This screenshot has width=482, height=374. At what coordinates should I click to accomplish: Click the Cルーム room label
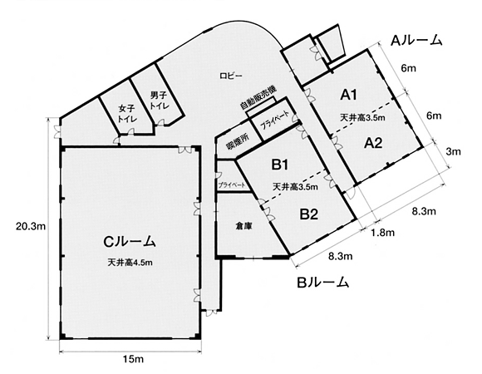[130, 242]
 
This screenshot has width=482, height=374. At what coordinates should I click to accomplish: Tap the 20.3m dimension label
[31, 227]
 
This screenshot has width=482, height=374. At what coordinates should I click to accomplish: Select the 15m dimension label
[133, 359]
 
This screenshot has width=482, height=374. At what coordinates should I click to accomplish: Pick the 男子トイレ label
[160, 101]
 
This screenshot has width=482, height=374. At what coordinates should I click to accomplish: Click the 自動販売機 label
[258, 98]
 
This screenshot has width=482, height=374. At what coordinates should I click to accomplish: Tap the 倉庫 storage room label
[243, 226]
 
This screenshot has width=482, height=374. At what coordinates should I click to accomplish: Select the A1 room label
[348, 95]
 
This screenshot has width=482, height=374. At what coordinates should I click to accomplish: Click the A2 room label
[373, 143]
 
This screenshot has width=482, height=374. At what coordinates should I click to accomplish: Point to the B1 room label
[279, 165]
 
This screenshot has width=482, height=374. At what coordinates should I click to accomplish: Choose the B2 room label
[308, 214]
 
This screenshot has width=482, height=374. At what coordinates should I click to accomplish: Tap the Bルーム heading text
[322, 282]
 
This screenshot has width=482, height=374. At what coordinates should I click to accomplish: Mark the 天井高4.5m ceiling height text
[130, 263]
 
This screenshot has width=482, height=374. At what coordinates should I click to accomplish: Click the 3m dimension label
[453, 151]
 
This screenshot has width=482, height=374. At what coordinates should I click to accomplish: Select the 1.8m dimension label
[383, 233]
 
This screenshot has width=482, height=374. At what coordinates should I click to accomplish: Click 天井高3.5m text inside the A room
[362, 117]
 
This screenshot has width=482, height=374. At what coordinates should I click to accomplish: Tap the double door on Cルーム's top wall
[184, 150]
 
